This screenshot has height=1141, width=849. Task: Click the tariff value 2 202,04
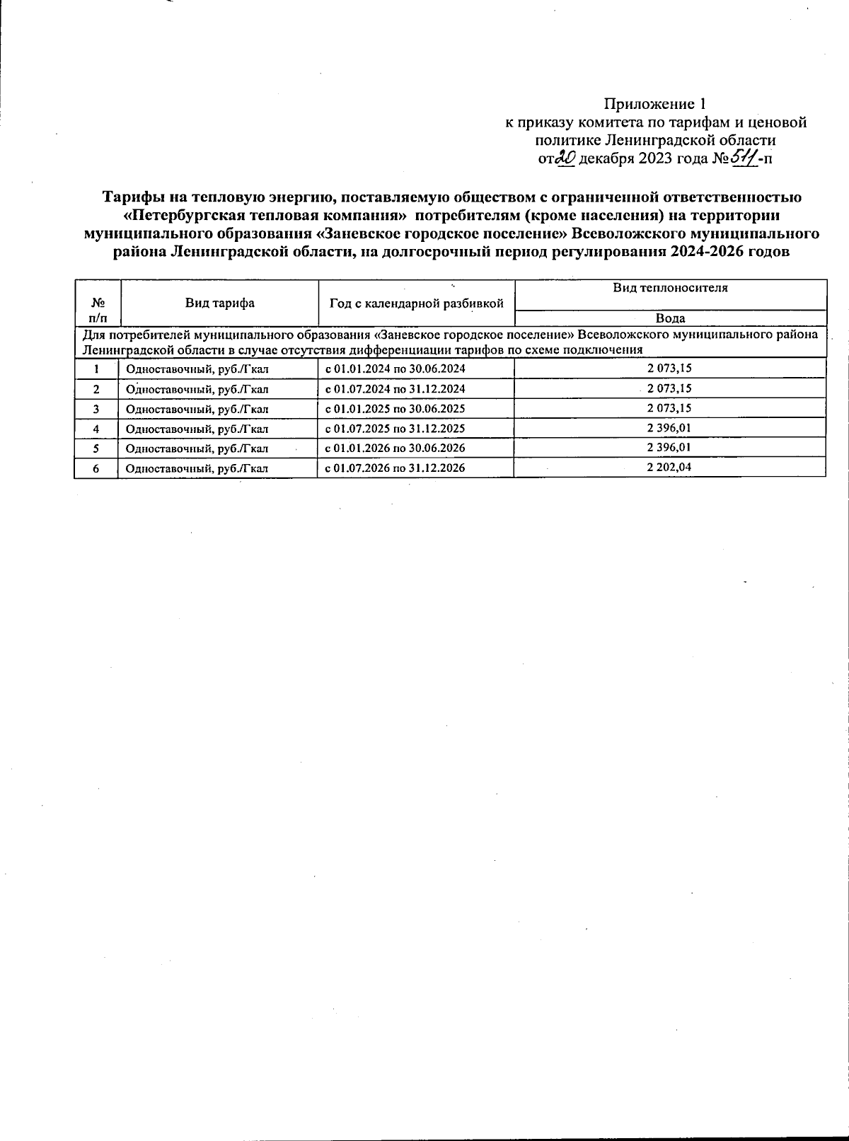[x=669, y=468]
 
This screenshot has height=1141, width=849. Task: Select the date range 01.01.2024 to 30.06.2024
[x=395, y=369]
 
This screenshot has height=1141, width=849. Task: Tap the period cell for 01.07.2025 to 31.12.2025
[x=395, y=429]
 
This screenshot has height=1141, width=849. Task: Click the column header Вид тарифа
[x=220, y=303]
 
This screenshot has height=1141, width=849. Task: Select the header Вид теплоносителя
[x=669, y=288]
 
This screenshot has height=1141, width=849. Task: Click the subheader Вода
[x=669, y=318]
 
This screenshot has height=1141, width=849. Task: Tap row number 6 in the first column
[x=96, y=468]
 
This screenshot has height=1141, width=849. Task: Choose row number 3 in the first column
[x=96, y=409]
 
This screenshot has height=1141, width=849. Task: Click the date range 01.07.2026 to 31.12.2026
[x=395, y=468]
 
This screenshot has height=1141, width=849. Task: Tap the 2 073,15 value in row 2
[x=669, y=388]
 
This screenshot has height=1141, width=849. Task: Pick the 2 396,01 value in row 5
[x=669, y=448]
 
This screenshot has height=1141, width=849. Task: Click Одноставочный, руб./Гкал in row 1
[x=197, y=369]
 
